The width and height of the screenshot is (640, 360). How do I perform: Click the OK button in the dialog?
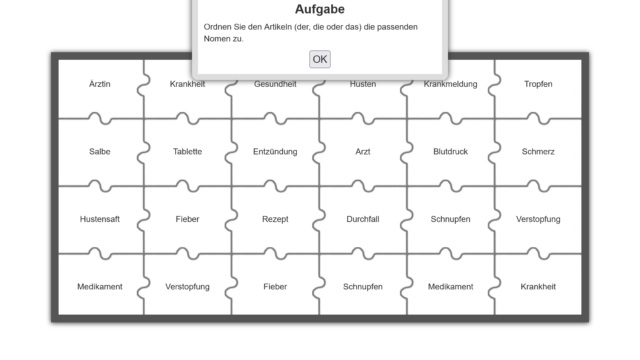click(320, 59)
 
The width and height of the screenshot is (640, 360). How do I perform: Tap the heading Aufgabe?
click(320, 9)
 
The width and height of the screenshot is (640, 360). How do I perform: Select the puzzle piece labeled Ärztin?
click(100, 89)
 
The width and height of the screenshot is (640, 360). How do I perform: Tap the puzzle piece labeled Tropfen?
click(538, 89)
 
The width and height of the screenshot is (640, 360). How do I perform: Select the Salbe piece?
click(100, 151)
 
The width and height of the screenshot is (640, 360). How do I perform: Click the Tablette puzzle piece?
click(187, 151)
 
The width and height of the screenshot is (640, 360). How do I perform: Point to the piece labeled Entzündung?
click(275, 151)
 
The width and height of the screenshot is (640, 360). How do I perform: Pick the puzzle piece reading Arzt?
click(362, 151)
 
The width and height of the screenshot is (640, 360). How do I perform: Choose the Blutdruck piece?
click(450, 151)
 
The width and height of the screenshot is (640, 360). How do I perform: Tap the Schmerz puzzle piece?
click(538, 151)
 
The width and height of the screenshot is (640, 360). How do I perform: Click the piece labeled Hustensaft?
click(100, 219)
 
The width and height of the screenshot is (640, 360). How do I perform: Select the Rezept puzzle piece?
click(275, 219)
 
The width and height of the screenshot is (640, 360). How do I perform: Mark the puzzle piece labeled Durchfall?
click(362, 219)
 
